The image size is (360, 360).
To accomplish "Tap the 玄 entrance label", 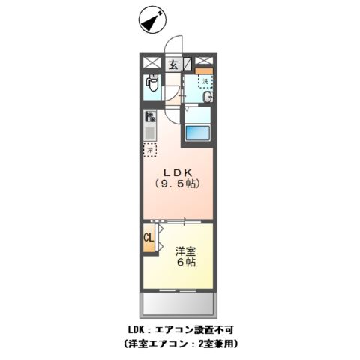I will (x=172, y=64).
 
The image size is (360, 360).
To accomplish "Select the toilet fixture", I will (x=153, y=84).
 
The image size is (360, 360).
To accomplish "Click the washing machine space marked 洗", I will (x=203, y=81).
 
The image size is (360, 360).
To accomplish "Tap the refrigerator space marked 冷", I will (x=150, y=149).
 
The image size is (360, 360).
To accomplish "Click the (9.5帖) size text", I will (x=177, y=182).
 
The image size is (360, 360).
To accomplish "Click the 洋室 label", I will (x=186, y=251).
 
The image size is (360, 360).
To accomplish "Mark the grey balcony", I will (x=178, y=304).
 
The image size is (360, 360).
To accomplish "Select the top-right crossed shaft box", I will (x=205, y=63).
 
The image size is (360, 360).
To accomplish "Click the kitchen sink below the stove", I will (x=150, y=133).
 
